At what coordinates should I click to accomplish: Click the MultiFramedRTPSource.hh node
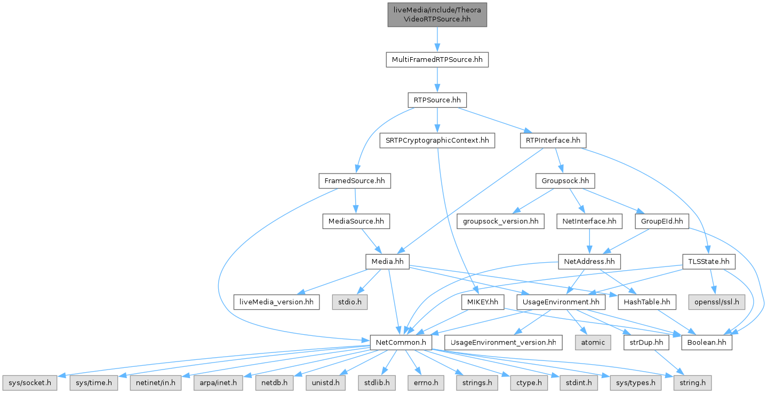437,59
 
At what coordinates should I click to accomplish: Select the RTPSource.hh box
437,100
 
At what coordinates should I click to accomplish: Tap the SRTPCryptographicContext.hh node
437,140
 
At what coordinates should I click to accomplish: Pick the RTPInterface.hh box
553,140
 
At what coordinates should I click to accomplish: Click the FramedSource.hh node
355,181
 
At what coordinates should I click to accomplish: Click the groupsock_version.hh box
500,221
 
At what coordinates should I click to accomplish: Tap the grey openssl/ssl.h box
717,302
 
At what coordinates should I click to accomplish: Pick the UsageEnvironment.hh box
562,302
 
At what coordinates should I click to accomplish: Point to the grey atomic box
593,342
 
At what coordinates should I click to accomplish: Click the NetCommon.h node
401,342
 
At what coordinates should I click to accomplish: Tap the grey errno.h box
427,383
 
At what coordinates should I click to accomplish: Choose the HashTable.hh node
646,302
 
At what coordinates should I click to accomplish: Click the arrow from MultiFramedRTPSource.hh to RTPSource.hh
437,80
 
